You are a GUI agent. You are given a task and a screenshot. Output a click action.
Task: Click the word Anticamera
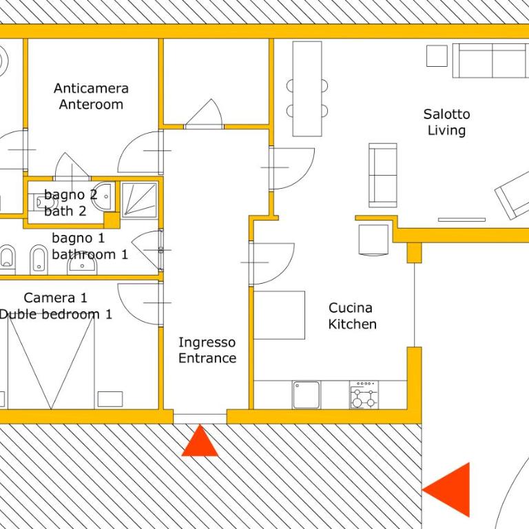point(91,88)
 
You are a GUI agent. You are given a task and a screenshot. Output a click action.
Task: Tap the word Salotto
point(446,114)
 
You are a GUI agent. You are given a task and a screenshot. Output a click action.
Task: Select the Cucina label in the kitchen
point(351,308)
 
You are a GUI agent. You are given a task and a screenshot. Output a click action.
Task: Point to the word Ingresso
point(207,343)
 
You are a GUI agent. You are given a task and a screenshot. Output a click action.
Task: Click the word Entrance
point(207,358)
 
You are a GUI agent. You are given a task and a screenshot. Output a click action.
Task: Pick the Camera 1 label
point(56,298)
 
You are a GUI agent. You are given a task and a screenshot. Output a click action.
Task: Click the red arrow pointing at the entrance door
point(200,440)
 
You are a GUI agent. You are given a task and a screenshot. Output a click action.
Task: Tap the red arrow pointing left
point(446,490)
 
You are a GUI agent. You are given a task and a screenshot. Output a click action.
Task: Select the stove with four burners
point(364,395)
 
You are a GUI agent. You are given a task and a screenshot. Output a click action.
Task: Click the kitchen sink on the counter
point(307,395)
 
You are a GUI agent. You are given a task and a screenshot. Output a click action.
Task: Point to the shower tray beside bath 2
point(139,200)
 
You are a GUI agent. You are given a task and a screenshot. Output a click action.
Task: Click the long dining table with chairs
point(307,89)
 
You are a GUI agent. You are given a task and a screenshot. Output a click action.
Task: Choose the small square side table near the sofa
point(437,56)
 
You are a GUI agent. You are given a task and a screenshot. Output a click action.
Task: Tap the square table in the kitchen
point(280,315)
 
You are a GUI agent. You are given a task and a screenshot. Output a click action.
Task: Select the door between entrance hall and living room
point(291,168)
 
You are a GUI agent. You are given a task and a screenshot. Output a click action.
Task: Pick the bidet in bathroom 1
point(39,260)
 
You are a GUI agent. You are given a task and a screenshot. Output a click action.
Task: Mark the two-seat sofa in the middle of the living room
point(382,175)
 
